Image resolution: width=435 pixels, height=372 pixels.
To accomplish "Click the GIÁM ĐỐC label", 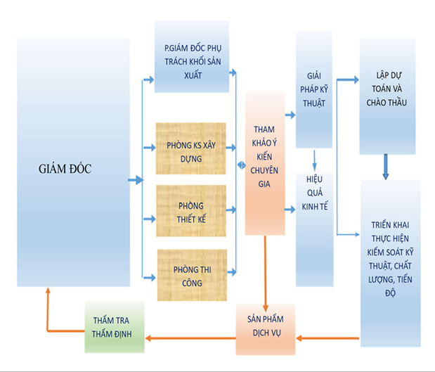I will [65, 169].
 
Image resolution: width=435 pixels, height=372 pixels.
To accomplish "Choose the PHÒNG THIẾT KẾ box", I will [191, 210].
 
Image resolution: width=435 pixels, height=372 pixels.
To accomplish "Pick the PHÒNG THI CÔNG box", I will [191, 275].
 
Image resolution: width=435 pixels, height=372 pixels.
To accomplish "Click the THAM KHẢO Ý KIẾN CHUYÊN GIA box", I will [265, 164].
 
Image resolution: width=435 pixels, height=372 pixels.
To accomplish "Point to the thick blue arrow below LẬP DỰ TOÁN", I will [386, 167].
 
